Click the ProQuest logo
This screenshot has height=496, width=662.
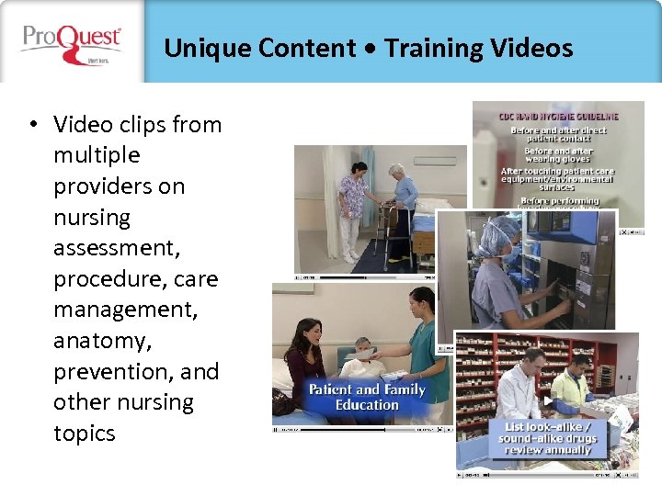coord(72,42)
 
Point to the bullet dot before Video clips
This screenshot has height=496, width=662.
coord(32,125)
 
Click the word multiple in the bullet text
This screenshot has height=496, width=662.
coord(97,155)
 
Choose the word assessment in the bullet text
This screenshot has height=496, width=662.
coord(115,248)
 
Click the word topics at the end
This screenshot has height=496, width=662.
coord(85,434)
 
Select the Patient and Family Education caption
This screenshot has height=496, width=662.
coord(367,397)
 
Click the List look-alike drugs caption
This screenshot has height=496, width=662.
coord(550,438)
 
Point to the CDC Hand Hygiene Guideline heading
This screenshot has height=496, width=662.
coord(558,117)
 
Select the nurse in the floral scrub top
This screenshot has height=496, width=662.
coord(351,202)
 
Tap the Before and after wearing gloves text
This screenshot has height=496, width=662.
coord(557,155)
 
